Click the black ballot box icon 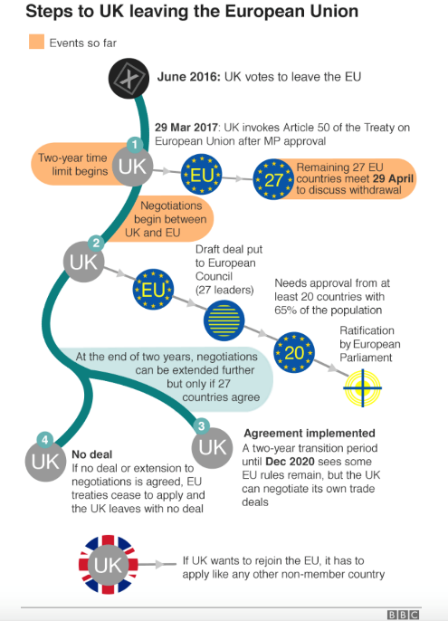(x=129, y=78)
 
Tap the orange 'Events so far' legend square (x=36, y=42)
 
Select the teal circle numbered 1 (x=135, y=145)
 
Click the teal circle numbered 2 (x=96, y=242)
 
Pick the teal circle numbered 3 (x=201, y=426)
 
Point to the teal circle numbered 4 (x=44, y=440)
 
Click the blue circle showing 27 (x=273, y=179)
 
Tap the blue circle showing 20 (x=294, y=352)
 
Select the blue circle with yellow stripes (x=224, y=320)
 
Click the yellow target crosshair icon (x=362, y=388)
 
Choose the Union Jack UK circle (x=108, y=564)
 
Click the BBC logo (x=403, y=615)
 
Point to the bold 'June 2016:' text (x=188, y=76)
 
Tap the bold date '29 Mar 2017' (x=186, y=128)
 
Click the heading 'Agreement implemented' (x=310, y=434)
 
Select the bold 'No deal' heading (x=92, y=454)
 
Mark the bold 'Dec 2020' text (x=290, y=462)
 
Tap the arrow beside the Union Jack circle (x=157, y=564)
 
